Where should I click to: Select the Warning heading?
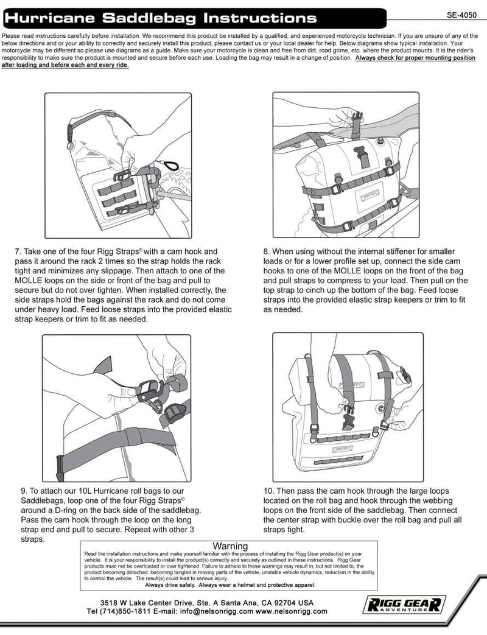(x=231, y=546)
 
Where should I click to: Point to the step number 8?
(x=267, y=251)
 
